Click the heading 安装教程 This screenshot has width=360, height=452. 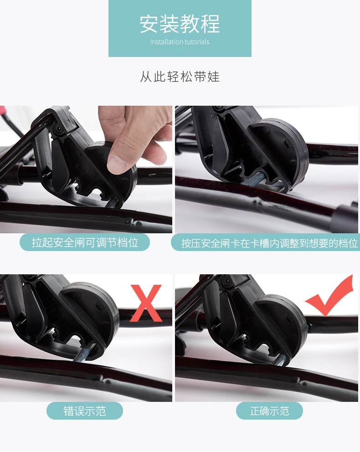pyautogui.click(x=180, y=24)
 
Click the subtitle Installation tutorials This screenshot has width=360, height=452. pyautogui.click(x=180, y=42)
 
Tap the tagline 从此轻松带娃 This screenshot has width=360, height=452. pyautogui.click(x=180, y=77)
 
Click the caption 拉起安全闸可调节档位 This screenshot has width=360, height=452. pyautogui.click(x=85, y=242)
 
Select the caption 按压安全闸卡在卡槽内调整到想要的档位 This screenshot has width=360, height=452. pyautogui.click(x=269, y=243)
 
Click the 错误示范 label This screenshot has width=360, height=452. pyautogui.click(x=85, y=411)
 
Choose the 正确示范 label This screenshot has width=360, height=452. pyautogui.click(x=269, y=411)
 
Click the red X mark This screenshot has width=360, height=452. pyautogui.click(x=146, y=303)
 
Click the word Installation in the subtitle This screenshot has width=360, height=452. pyautogui.click(x=166, y=42)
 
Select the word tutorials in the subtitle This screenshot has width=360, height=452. pyautogui.click(x=197, y=42)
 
